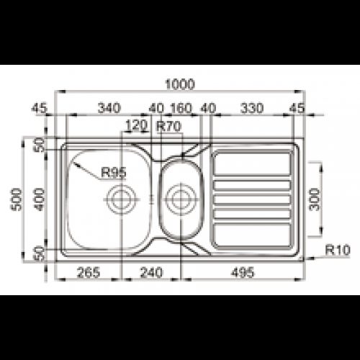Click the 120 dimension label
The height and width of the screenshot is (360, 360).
point(135,125)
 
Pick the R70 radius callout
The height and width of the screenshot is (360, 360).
point(168,125)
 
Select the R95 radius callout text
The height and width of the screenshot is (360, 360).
point(114,171)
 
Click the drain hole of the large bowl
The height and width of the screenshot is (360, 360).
point(120,196)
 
